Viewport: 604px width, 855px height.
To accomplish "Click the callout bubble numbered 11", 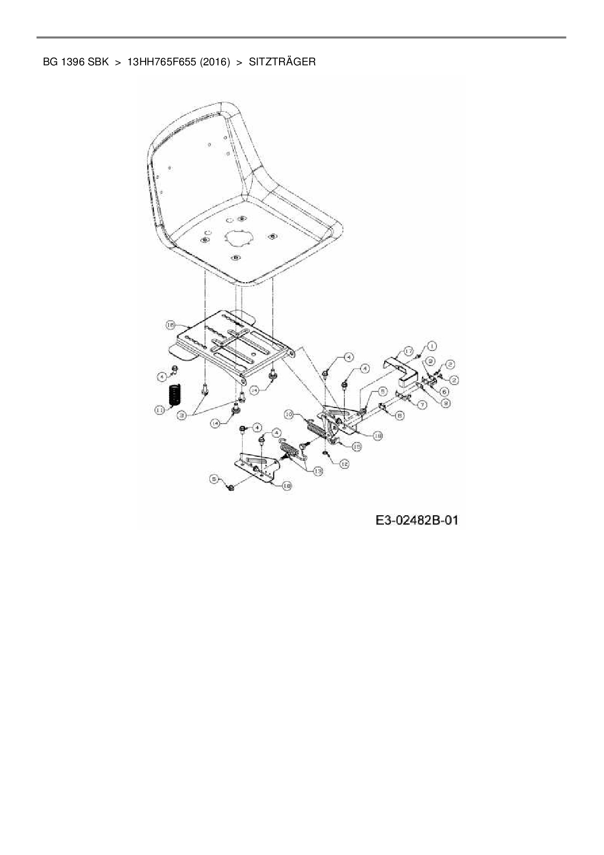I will coord(160,410).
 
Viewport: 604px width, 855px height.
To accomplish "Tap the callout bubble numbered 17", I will coord(408,351).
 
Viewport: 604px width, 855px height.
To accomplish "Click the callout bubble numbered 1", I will coord(432,346).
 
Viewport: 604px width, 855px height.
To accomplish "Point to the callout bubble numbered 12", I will coord(344,464).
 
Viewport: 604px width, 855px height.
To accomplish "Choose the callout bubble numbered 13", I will coord(318,471).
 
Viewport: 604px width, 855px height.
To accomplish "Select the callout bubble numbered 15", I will coord(357,447).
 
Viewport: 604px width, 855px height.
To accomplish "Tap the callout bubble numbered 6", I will coord(444,391).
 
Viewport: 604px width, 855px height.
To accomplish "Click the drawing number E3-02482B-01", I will coord(416,521).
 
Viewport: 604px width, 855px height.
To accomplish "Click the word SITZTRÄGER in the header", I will coord(282,62).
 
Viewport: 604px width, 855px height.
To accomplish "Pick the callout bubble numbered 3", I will coord(182,415).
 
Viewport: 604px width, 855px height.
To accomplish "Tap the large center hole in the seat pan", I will coord(237,239).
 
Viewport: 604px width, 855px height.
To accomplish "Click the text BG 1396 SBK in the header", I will coord(75,62).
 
